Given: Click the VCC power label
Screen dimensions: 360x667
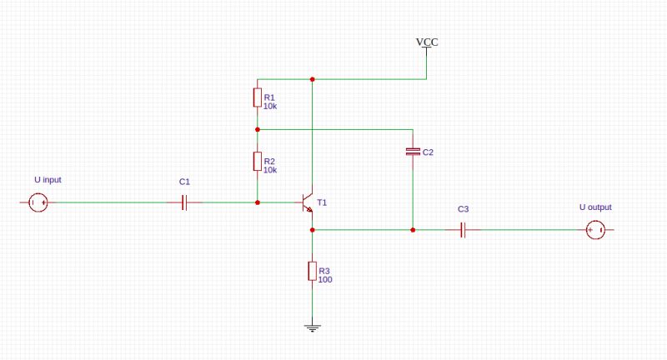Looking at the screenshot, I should tap(426, 42).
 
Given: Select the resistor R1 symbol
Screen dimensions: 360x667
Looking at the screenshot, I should tap(258, 98).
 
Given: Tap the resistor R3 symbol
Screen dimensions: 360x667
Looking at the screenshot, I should tap(312, 271).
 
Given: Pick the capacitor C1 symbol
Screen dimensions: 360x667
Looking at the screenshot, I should tap(185, 202).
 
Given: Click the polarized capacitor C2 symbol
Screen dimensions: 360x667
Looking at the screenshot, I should tap(413, 152).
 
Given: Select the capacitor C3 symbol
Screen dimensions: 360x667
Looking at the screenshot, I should tap(464, 230).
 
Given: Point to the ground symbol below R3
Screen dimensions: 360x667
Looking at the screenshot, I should tap(312, 327).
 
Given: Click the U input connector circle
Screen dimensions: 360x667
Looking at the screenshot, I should tap(38, 202).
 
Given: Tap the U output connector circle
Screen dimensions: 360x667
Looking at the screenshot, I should tap(594, 230).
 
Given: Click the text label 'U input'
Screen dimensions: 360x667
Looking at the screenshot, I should tap(48, 180).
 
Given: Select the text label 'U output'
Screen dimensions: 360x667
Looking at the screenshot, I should tap(595, 207).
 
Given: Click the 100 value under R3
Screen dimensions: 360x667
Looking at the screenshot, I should tap(325, 280).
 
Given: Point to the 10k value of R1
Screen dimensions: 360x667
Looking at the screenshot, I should tap(270, 107).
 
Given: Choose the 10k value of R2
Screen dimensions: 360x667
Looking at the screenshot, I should tap(270, 170).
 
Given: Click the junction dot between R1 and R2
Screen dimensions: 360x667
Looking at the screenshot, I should tap(258, 129).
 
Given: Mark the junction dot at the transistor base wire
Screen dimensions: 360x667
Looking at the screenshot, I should tap(258, 202).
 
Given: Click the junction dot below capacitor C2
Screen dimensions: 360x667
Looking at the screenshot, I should tap(413, 230).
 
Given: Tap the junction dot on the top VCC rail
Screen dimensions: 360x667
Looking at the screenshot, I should tap(312, 79).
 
